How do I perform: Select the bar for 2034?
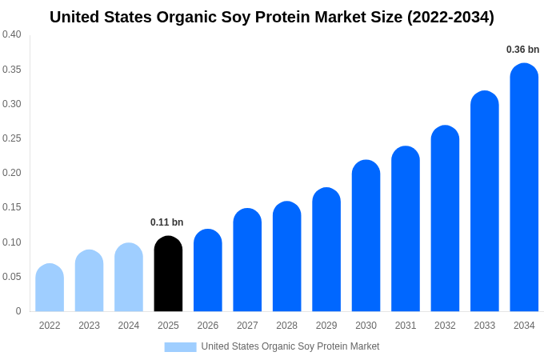[x=524, y=188]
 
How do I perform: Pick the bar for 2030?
[x=366, y=236]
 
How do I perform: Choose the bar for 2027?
[x=247, y=260]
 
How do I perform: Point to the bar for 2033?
[x=485, y=202]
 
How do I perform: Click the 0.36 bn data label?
[x=522, y=50]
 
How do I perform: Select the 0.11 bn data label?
[x=166, y=222]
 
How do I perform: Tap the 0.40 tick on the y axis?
[x=12, y=34]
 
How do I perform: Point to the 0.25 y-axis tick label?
[x=12, y=138]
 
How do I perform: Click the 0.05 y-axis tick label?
[x=12, y=277]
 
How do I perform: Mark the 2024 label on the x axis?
[x=129, y=326]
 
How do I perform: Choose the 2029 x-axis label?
[x=326, y=326]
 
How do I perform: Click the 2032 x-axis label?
[x=445, y=326]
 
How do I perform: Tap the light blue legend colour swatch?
[x=180, y=346]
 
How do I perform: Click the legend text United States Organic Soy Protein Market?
[x=290, y=346]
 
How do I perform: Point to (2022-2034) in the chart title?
[x=450, y=17]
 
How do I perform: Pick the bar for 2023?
[x=89, y=281]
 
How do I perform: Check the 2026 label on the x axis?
[x=208, y=326]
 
